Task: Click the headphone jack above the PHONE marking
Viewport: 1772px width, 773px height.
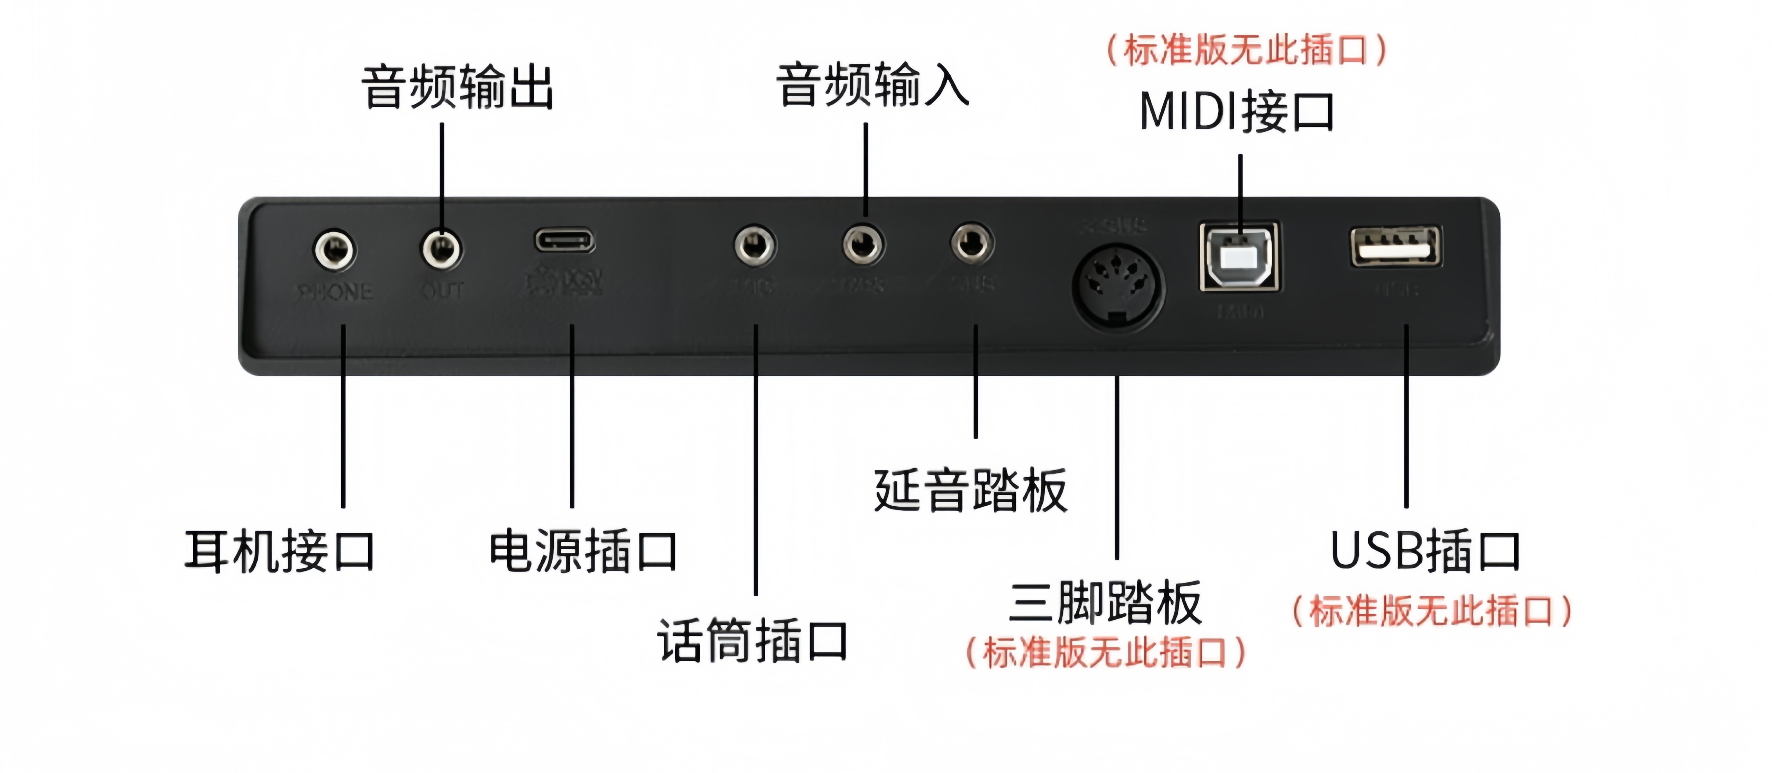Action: pos(335,249)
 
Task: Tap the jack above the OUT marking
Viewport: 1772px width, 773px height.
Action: pos(442,249)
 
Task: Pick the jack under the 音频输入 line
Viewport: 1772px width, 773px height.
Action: pos(864,245)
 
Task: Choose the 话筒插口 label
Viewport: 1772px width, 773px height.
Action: pos(752,640)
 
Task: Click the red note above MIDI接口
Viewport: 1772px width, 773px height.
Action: pos(1246,50)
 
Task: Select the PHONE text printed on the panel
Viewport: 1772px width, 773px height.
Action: pos(335,292)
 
